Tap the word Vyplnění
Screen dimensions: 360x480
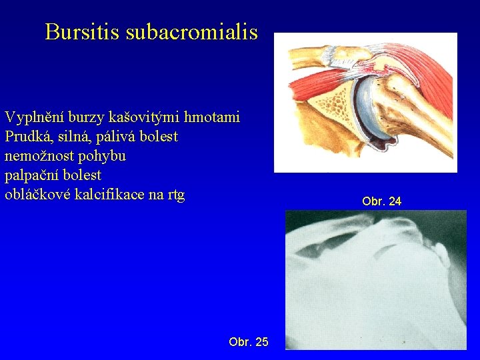(33, 118)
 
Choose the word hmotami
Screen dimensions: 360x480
(211, 118)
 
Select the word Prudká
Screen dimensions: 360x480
(26, 137)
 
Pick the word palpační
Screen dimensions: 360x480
(31, 175)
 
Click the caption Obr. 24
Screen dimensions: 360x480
(381, 201)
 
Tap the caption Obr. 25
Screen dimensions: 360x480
(248, 342)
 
